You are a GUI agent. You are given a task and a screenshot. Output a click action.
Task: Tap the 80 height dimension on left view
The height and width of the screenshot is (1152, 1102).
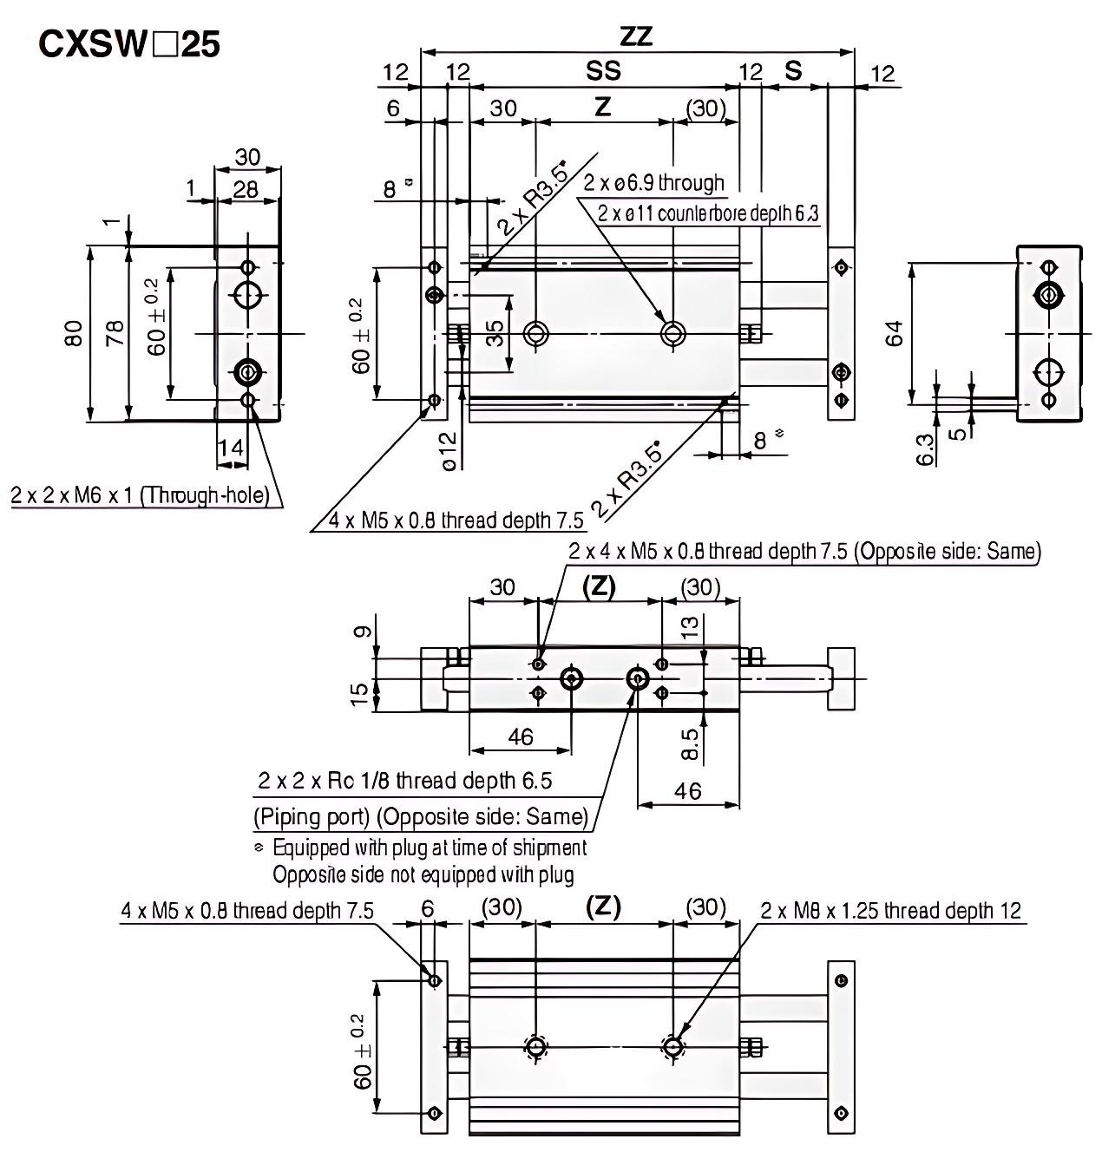pos(74,332)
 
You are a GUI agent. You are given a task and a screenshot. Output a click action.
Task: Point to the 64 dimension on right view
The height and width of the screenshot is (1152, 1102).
pos(895,333)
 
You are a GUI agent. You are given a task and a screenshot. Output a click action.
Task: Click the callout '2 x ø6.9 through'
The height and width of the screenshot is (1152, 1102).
pos(653,183)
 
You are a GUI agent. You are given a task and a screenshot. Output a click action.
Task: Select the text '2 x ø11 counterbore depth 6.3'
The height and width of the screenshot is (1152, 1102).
pos(708,213)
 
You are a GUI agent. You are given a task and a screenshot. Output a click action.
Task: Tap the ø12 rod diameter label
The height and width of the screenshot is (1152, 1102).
pos(449,451)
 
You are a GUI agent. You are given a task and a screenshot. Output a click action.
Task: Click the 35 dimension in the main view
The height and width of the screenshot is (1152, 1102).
pos(495,333)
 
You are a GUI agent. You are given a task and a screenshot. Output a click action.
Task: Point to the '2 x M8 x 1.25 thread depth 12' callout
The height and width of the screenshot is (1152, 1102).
pos(891,910)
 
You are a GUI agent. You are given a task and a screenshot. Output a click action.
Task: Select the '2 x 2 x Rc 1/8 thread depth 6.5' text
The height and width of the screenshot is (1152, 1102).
pos(404,781)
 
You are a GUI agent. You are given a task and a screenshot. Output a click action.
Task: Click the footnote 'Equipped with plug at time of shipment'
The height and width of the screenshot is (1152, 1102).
pos(430,847)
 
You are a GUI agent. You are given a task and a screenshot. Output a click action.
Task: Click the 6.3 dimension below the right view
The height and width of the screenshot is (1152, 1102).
pos(926,448)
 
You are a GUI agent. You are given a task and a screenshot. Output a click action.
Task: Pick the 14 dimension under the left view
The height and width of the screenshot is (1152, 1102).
pos(231,448)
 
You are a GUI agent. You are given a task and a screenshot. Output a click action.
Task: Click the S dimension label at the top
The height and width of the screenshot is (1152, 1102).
pos(793,71)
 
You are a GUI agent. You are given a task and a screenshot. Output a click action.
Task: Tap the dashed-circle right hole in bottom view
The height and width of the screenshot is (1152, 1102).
pos(672,1047)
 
